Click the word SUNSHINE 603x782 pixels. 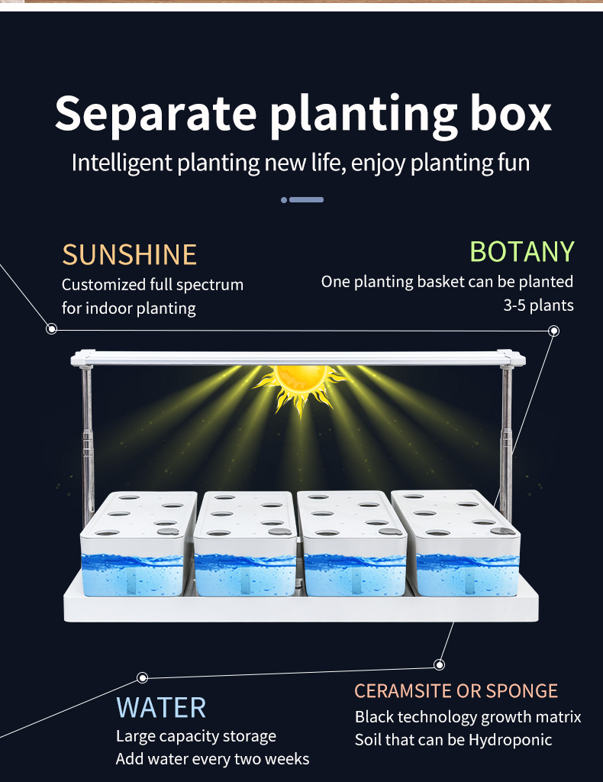[129, 254]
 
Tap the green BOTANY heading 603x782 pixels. [521, 251]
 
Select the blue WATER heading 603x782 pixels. [161, 707]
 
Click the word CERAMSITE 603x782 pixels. [402, 691]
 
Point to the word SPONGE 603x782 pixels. [522, 691]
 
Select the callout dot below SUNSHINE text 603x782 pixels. [52, 329]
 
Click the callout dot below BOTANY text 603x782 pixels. [554, 331]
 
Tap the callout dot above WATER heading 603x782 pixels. [142, 678]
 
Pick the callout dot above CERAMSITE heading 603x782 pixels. [439, 664]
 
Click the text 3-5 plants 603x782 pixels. [538, 305]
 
